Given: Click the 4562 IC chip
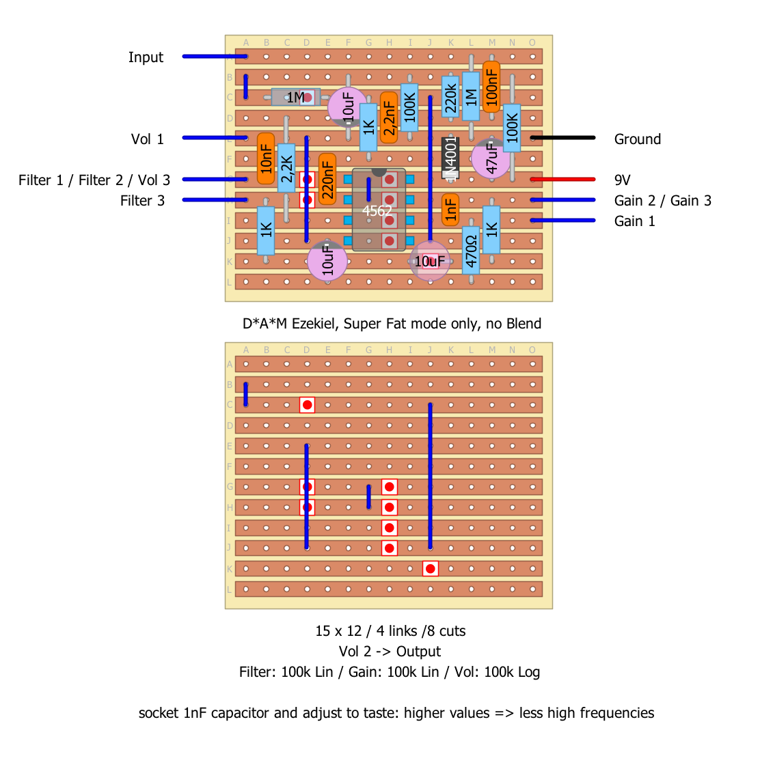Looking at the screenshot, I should tap(378, 210).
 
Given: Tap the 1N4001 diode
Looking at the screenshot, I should tap(450, 158).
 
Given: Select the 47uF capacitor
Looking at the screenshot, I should tap(491, 158).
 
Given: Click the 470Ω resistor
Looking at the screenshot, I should tap(470, 251).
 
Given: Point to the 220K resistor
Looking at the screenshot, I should tap(450, 96).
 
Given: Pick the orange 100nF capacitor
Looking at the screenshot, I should tap(491, 86).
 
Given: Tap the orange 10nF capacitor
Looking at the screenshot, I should tap(266, 158).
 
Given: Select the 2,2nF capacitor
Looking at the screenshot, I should tap(388, 117).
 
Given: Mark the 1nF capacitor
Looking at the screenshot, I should tap(450, 210).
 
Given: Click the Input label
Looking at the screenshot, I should tap(146, 57).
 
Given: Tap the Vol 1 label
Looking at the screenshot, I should tap(148, 139).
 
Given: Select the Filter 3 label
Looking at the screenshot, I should tap(142, 201).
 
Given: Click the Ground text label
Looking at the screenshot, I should tap(637, 139).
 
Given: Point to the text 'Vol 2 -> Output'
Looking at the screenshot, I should tap(390, 652).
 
